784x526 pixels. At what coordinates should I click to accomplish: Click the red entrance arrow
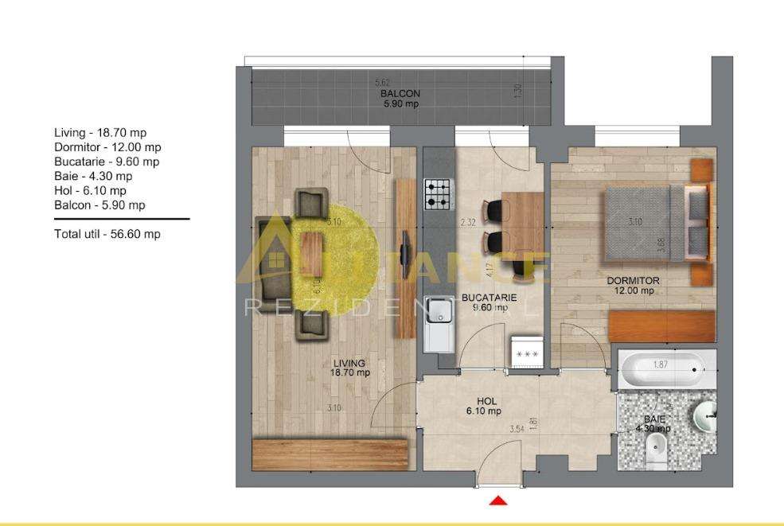[x=498, y=500]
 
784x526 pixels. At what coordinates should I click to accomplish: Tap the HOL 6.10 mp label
[x=483, y=406]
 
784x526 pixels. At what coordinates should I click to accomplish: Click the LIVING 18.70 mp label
[x=350, y=368]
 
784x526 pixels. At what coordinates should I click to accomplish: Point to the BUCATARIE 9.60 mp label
[x=489, y=302]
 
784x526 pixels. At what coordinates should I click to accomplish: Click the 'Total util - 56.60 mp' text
[x=107, y=234]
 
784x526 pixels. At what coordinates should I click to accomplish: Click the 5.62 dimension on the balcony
[x=384, y=83]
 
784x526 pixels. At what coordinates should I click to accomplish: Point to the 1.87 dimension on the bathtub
[x=660, y=364]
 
